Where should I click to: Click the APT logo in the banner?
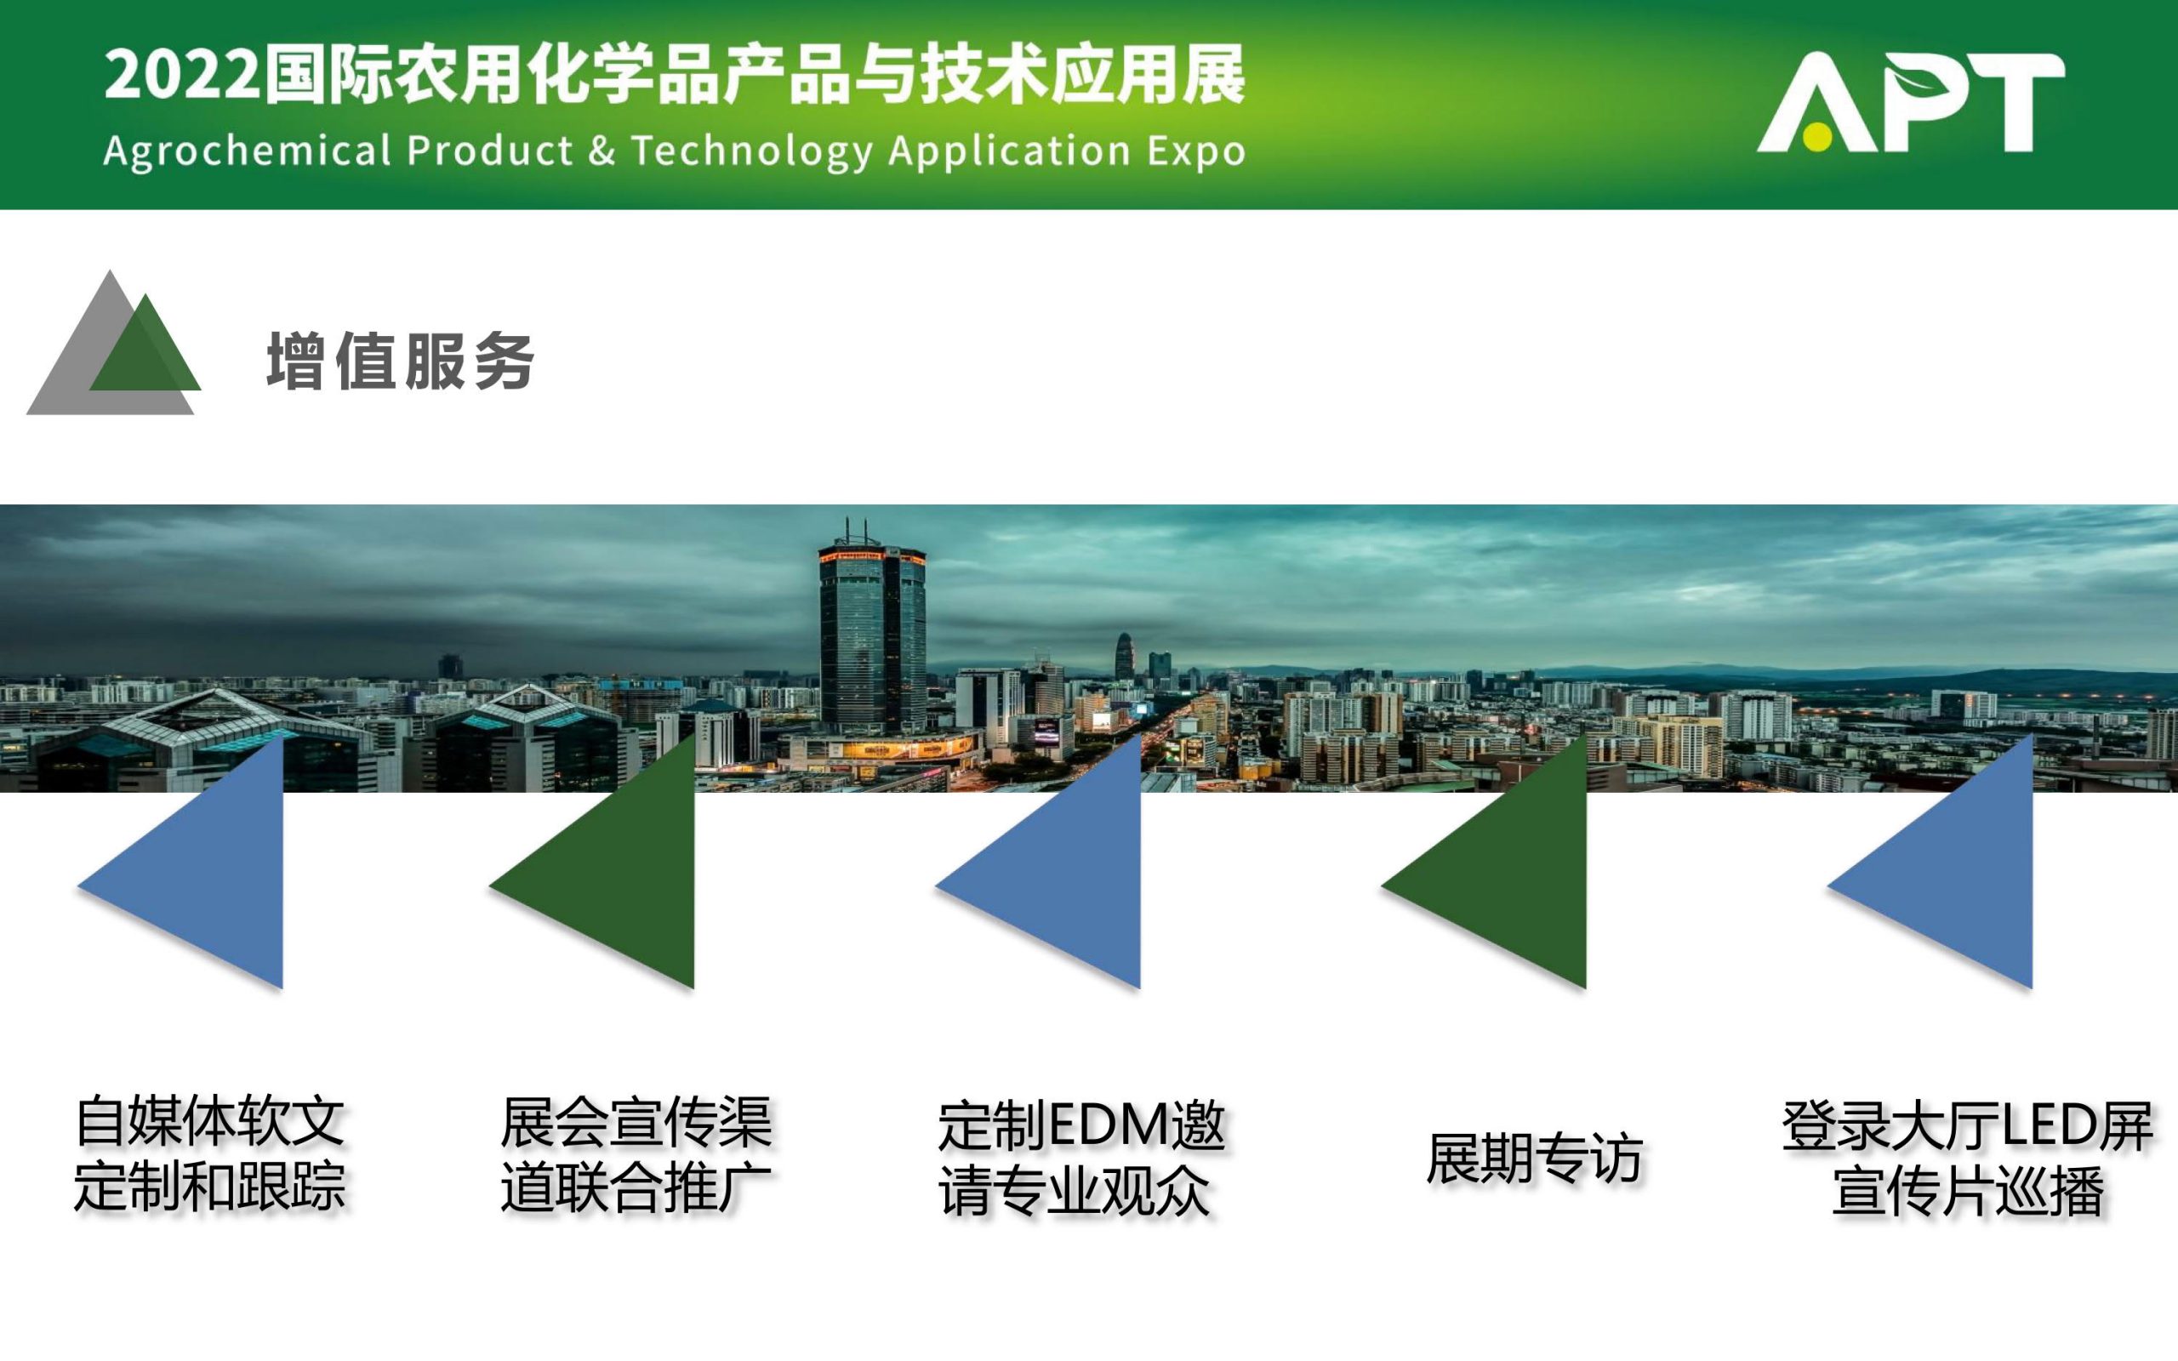point(1910,101)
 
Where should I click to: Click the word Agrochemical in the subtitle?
point(248,151)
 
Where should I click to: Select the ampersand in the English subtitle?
point(602,150)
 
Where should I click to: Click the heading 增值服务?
point(401,361)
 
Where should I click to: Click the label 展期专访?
point(1535,1158)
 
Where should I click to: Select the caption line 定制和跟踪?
point(209,1187)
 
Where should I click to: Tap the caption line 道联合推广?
point(636,1187)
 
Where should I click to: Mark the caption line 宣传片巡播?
point(1969,1190)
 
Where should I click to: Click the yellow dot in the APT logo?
point(1817,136)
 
